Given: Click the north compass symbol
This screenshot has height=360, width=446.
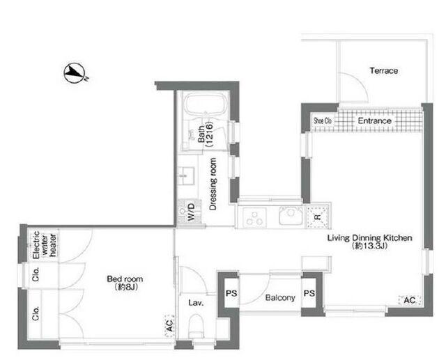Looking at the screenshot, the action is pos(75,73).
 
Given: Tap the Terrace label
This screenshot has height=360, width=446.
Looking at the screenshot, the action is pos(384,70).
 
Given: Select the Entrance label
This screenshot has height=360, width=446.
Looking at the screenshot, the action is pos(375,120).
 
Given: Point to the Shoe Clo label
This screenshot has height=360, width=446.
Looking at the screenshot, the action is pos(323,120).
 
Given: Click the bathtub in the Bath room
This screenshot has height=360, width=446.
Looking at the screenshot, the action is pos(206,104).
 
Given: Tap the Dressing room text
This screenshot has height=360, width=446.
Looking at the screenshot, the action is pos(213,184).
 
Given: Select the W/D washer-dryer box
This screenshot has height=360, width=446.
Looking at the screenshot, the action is pos(189,212).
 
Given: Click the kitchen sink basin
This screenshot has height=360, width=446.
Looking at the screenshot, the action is pos(291,216).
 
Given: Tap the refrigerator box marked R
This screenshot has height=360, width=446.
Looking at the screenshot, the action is pos(318,217).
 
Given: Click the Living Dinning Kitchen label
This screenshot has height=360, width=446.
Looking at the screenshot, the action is pos(370,237).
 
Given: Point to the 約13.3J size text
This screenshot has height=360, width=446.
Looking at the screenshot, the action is pos(369,246).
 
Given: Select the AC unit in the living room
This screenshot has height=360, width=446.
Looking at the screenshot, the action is pos(410,300).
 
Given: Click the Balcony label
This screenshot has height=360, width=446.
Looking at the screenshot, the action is pos(280,298).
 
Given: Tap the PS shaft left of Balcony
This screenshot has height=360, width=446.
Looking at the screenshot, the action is pos(231,293).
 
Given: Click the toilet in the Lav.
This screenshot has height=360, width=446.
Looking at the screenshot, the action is pos(196,326).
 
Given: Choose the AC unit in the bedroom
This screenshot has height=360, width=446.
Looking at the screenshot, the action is pos(169,326).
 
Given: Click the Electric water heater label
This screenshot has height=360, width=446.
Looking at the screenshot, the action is pos(45,245).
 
